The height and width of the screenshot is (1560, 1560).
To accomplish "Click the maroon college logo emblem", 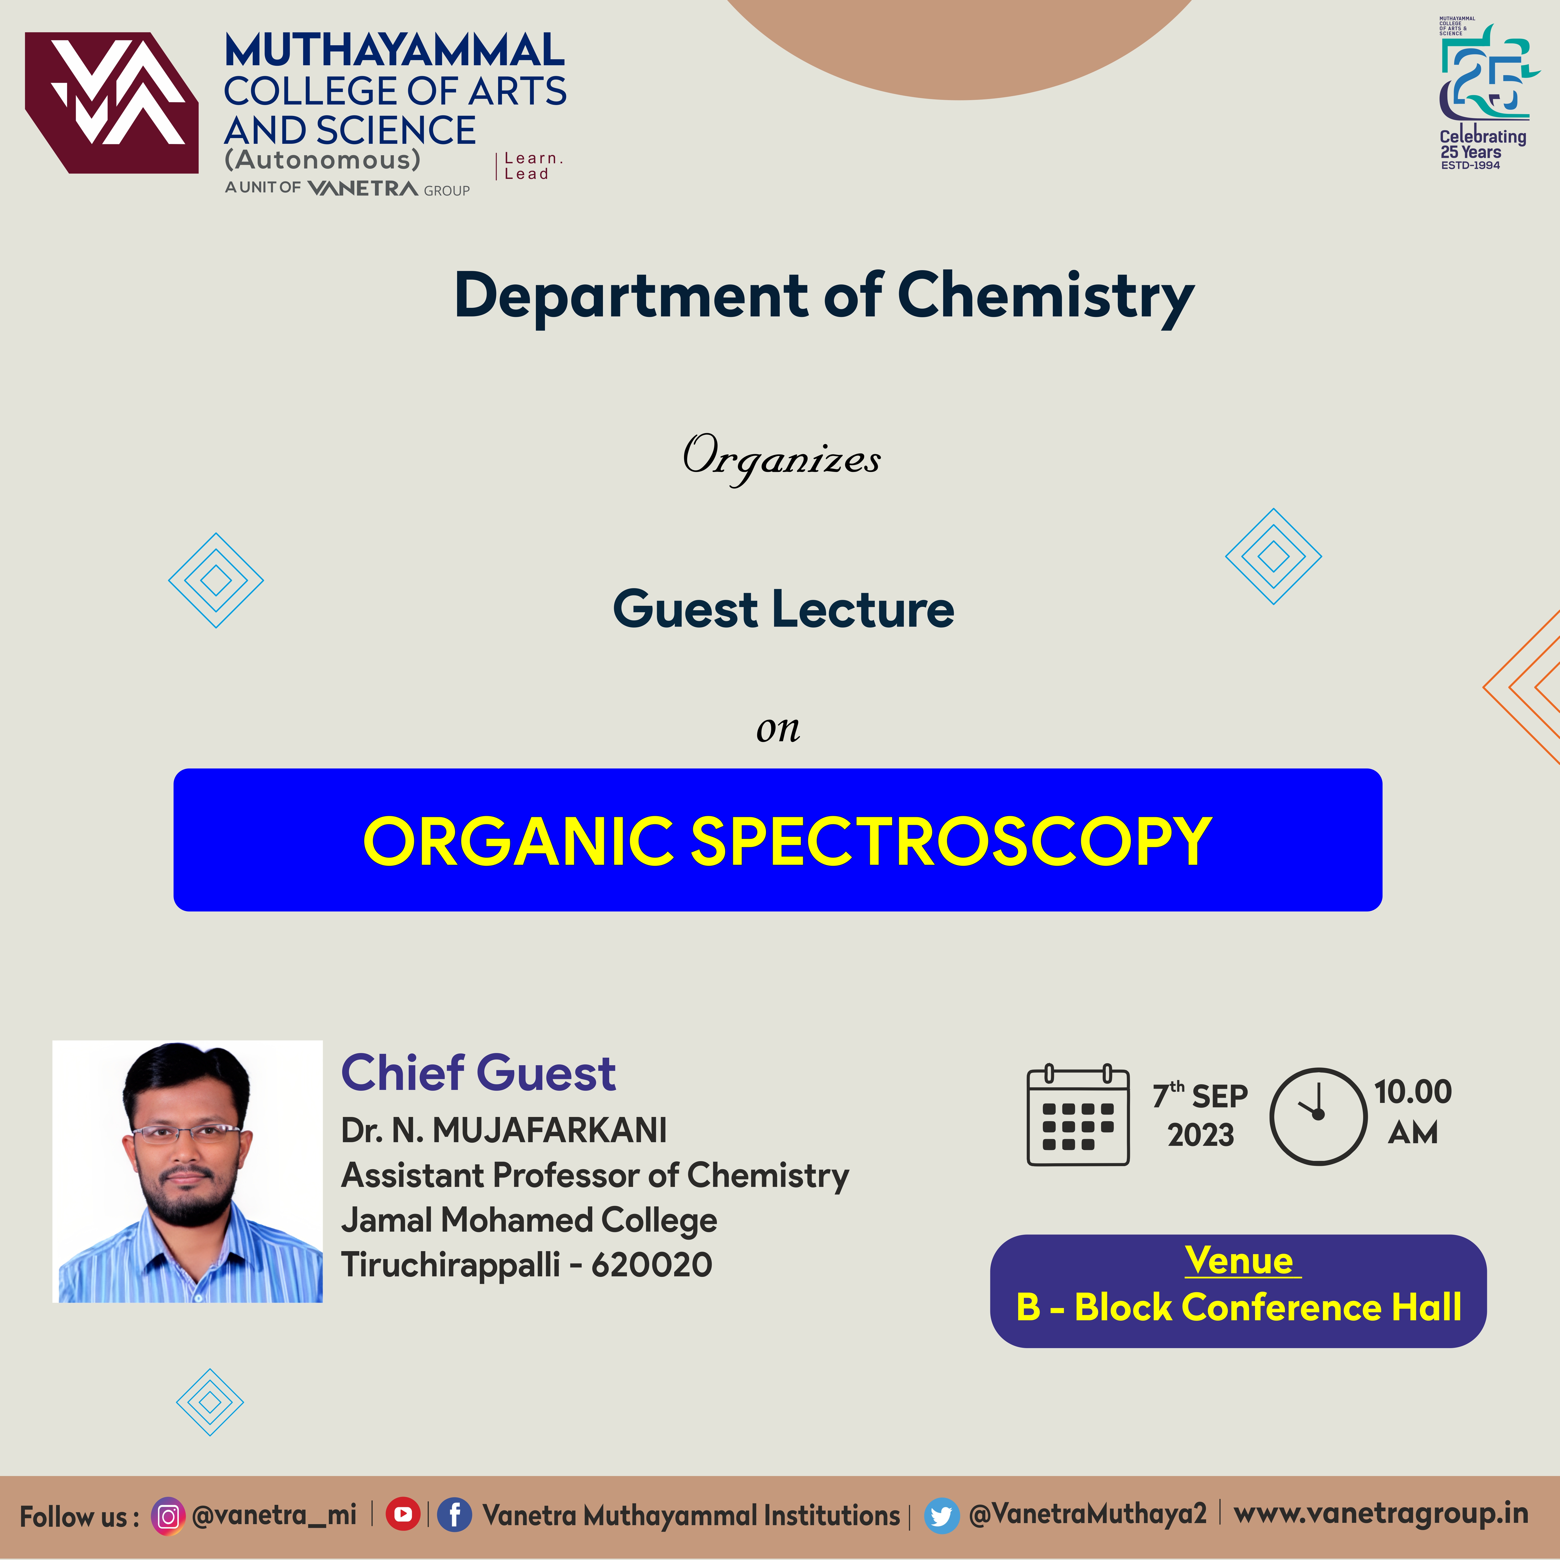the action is (112, 102).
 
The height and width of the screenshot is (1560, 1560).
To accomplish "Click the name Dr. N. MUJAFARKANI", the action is (504, 1130).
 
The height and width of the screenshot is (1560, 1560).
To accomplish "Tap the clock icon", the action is (1318, 1117).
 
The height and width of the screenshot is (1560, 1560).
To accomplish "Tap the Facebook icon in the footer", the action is (454, 1515).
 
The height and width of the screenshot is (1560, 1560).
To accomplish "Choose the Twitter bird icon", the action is (941, 1516).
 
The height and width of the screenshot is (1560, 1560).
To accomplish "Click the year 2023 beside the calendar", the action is (1201, 1135).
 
